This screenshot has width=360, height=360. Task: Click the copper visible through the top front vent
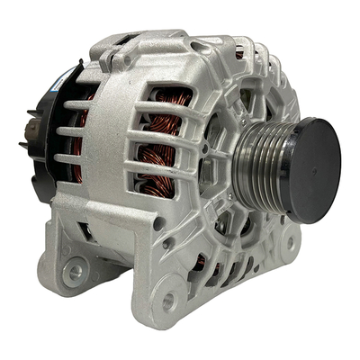[240, 54]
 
